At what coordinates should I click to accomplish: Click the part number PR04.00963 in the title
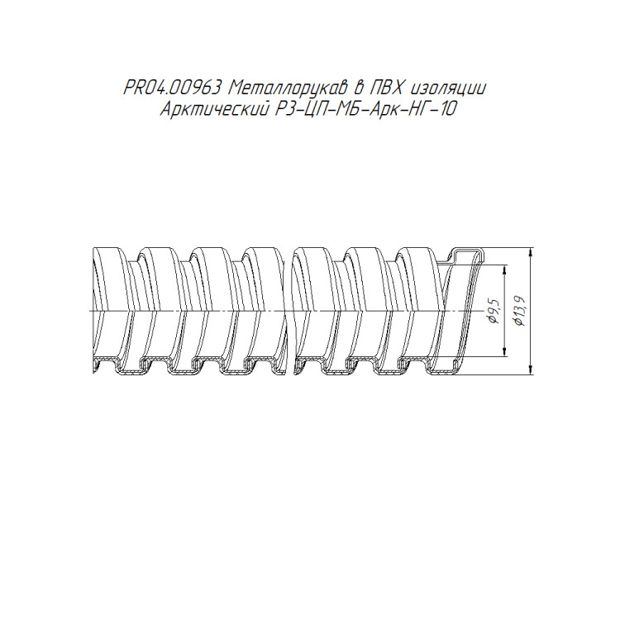click(x=172, y=88)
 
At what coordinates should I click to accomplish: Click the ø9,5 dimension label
click(x=494, y=311)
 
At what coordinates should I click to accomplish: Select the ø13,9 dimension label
click(x=519, y=311)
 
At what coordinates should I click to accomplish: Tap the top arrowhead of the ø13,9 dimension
click(x=530, y=252)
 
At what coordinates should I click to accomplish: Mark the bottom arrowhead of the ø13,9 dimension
click(x=530, y=370)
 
